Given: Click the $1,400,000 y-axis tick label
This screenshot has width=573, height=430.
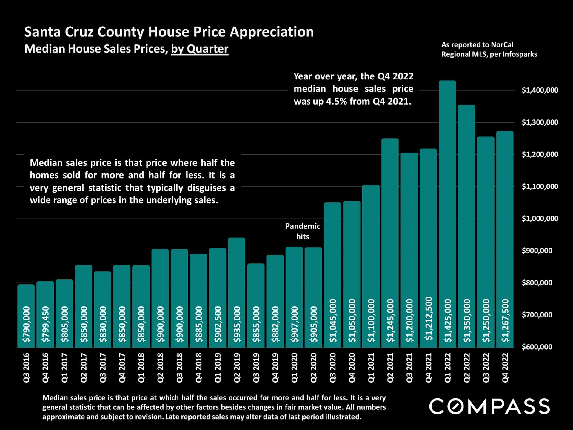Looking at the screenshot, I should pyautogui.click(x=540, y=90).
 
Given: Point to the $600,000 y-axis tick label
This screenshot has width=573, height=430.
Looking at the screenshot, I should pyautogui.click(x=537, y=347).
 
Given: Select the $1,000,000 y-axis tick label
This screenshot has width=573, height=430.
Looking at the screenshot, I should pyautogui.click(x=540, y=219).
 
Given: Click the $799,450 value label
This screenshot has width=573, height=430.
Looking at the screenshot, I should pyautogui.click(x=45, y=324).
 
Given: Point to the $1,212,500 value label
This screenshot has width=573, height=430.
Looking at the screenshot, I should pyautogui.click(x=429, y=318).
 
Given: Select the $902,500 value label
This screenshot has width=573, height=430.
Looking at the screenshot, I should pyautogui.click(x=218, y=324).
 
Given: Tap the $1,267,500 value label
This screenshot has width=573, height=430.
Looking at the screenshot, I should pyautogui.click(x=505, y=320).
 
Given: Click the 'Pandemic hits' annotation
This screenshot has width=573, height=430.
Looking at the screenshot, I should pyautogui.click(x=303, y=231).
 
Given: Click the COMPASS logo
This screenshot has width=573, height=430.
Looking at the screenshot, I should pyautogui.click(x=489, y=406).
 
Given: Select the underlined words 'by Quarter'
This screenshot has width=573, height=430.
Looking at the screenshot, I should pyautogui.click(x=200, y=49).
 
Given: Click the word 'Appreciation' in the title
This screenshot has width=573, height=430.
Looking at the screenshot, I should pyautogui.click(x=272, y=32).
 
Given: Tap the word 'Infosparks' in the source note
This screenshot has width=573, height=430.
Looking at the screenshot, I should pyautogui.click(x=520, y=54).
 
